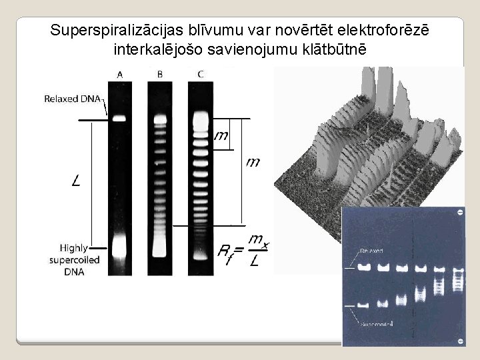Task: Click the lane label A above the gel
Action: coord(119,75)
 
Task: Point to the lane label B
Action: coord(160,75)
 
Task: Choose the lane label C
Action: coord(201,75)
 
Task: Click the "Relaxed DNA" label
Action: coord(72,99)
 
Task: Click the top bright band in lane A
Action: coord(119,119)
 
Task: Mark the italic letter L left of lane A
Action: coord(77,180)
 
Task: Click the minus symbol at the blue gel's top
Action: coord(459,213)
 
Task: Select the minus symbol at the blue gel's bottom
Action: coord(459,341)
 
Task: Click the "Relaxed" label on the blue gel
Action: coord(372,251)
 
